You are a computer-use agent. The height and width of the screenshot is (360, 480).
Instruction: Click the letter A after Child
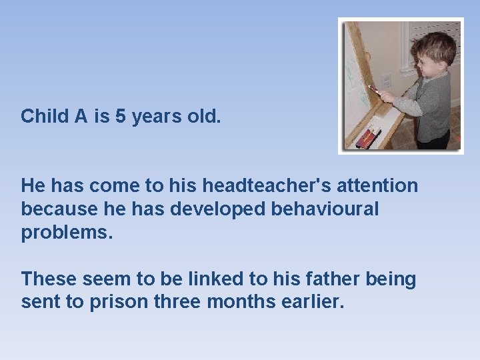pos(81,117)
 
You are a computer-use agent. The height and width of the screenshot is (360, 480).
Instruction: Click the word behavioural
pos(325,209)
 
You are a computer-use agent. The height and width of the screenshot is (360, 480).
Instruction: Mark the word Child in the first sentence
pos(45,117)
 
